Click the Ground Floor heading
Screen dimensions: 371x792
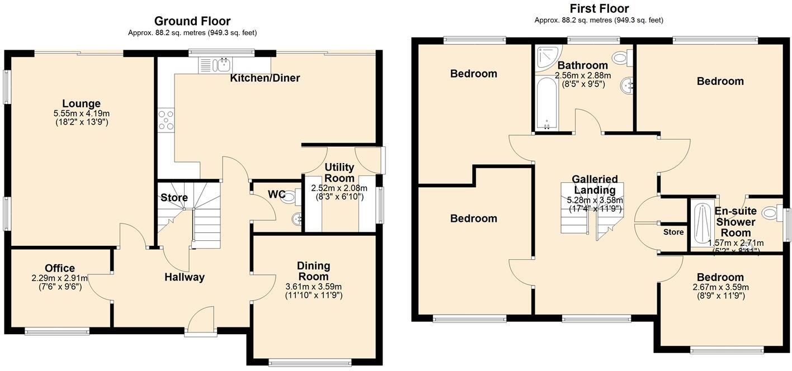click(192, 21)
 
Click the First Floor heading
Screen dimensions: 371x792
click(598, 8)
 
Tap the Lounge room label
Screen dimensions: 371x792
click(81, 103)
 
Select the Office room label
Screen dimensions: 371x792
click(60, 268)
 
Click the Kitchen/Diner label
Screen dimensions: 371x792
click(265, 78)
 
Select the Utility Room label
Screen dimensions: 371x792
click(340, 173)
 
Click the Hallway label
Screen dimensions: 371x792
click(184, 277)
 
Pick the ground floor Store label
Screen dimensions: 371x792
click(174, 197)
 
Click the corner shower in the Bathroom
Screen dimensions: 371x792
click(546, 57)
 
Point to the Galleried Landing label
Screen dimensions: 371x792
click(595, 184)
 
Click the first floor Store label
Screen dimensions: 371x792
click(673, 232)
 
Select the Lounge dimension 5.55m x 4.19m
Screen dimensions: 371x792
click(82, 113)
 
